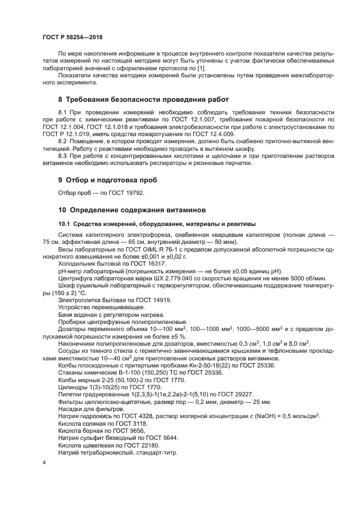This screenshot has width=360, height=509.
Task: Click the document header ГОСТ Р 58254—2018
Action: tap(72, 37)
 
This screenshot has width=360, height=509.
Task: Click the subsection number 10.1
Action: tap(65, 224)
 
